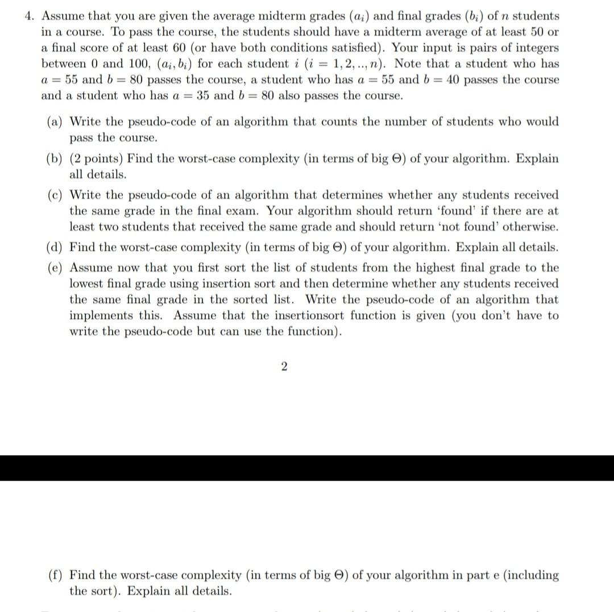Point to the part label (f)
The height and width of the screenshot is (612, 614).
pos(56,575)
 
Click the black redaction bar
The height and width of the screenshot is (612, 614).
pos(307,468)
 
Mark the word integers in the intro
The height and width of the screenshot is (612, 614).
pos(536,48)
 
